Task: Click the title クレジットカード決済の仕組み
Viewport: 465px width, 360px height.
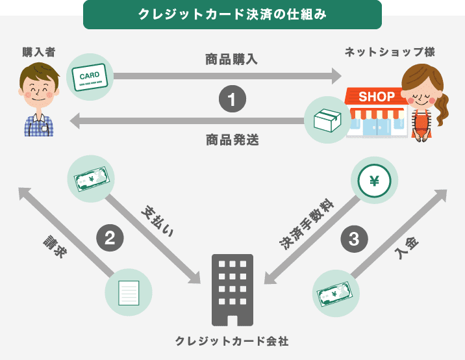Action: point(232,14)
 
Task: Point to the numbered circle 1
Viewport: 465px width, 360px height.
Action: point(232,100)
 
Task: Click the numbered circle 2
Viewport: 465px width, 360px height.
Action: point(110,237)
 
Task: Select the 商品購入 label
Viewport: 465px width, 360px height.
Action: point(232,60)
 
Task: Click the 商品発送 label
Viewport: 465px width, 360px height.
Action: point(232,140)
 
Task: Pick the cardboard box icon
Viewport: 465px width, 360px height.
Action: point(327,120)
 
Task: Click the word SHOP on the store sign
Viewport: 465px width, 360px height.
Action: point(376,97)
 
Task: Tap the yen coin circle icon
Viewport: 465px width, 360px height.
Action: point(374,181)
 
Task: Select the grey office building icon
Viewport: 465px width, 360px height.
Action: point(232,289)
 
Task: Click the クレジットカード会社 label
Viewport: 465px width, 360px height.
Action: point(232,341)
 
